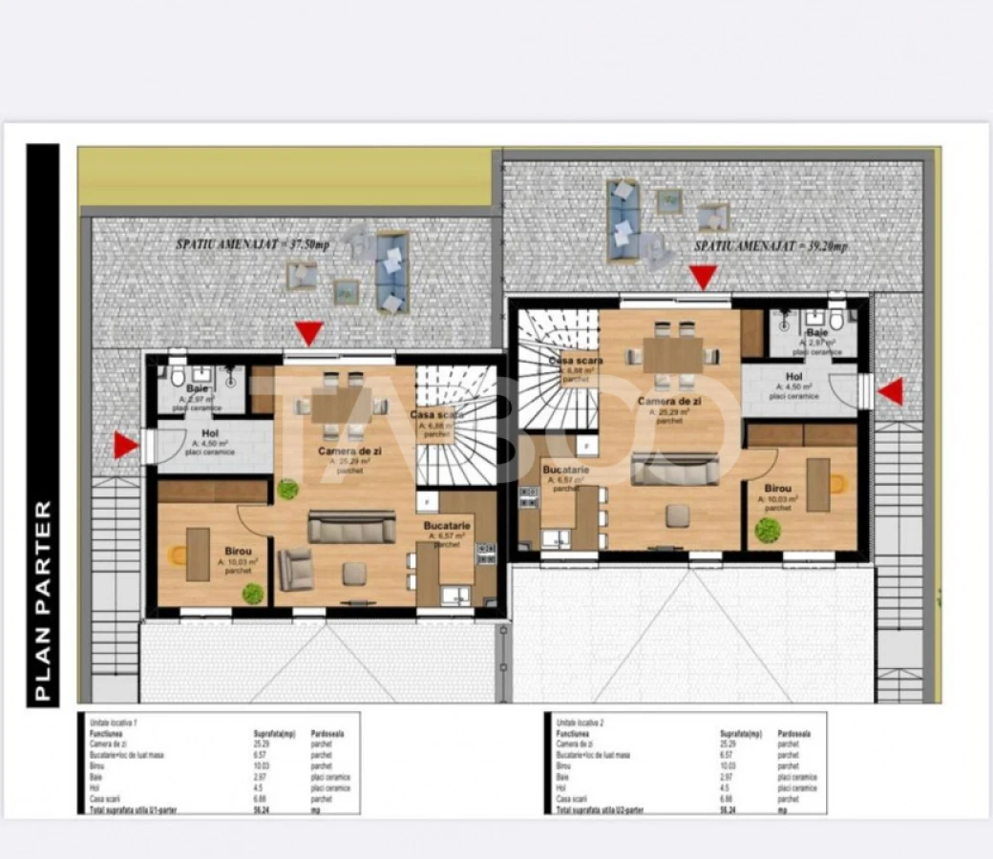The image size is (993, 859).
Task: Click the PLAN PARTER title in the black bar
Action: click(43, 601)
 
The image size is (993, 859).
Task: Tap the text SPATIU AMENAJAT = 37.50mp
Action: click(252, 244)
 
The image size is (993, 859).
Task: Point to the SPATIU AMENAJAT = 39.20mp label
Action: click(770, 245)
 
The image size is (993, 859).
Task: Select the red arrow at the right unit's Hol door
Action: click(890, 391)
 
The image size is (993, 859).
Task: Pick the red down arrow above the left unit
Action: click(308, 333)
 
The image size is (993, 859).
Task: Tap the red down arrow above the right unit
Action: click(704, 277)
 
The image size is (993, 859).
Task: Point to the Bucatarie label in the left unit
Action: click(447, 526)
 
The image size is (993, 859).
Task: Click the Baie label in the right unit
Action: click(817, 331)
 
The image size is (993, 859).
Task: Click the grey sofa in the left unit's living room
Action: click(351, 526)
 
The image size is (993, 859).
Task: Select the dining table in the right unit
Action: click(672, 355)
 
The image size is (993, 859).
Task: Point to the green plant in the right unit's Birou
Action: click(767, 530)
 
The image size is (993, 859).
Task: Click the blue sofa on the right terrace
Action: click(623, 220)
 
